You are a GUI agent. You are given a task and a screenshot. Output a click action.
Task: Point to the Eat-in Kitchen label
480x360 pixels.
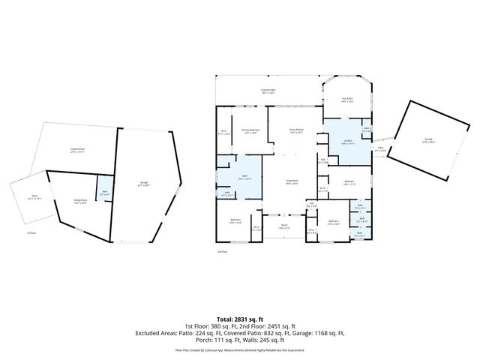point(296,130)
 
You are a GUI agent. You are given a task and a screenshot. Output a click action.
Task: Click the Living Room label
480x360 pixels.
point(292,182)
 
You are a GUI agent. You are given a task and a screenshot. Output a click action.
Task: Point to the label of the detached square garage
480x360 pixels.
point(428,140)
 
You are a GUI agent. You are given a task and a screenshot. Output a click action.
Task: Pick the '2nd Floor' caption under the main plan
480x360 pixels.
point(221,252)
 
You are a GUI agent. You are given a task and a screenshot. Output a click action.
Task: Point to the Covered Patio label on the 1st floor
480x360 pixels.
point(76,150)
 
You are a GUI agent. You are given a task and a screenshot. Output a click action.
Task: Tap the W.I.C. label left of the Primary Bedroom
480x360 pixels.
point(223,134)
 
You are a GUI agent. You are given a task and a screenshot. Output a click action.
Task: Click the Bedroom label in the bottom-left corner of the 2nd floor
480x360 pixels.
point(235,220)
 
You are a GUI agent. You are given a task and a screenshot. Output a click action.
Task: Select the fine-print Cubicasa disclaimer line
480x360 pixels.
point(239,349)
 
